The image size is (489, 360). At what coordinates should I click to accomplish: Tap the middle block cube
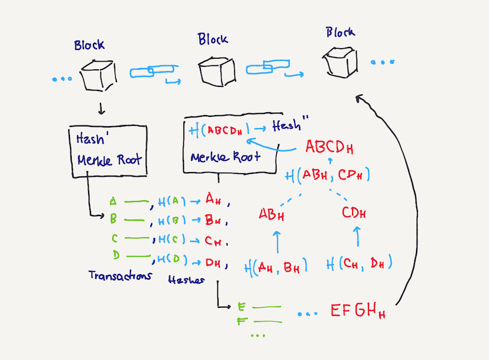(x=214, y=71)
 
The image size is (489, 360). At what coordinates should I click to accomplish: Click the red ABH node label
(x=272, y=215)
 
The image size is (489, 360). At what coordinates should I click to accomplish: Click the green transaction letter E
(x=240, y=307)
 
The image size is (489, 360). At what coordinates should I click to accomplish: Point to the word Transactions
(x=120, y=275)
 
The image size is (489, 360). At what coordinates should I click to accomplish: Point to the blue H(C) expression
(x=172, y=240)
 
